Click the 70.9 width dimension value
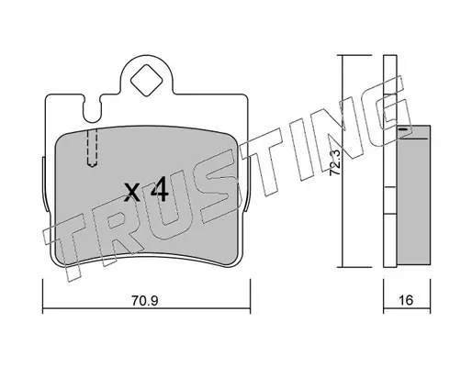tap(145, 301)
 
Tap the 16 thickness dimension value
tap(406, 300)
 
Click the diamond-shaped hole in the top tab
tap(146, 80)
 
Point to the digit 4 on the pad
tap(160, 190)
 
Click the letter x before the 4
tap(132, 193)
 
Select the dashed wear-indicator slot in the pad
tap(92, 148)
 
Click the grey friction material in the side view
tap(413, 195)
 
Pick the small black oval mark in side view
tap(404, 129)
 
